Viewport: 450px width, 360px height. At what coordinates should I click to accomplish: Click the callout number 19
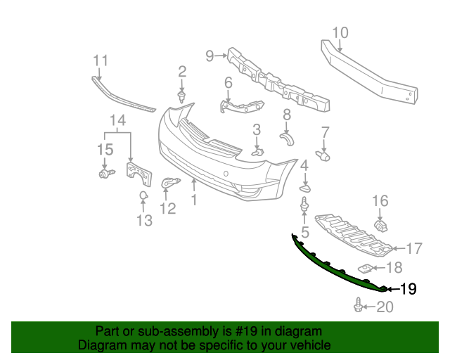(x=408, y=289)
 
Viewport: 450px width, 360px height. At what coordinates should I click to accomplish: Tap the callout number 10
(x=340, y=33)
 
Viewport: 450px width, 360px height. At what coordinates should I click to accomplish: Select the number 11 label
(x=101, y=60)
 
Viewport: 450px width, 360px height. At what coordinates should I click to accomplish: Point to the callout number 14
(x=117, y=120)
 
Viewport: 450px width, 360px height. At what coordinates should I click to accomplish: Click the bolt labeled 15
(x=106, y=174)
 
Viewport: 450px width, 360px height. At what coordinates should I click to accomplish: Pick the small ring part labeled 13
(x=143, y=195)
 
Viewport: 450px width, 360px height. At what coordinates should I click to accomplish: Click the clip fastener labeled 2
(x=181, y=97)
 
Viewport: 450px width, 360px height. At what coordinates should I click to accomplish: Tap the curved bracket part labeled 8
(x=287, y=139)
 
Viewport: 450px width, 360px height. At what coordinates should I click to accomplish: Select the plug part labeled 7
(x=323, y=156)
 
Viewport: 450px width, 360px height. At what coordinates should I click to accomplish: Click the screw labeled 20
(x=358, y=305)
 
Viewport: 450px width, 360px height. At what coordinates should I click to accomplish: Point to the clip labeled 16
(x=381, y=226)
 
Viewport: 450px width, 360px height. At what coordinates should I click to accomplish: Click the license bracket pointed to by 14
(x=139, y=174)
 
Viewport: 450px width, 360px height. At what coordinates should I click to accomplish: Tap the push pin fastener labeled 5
(x=304, y=205)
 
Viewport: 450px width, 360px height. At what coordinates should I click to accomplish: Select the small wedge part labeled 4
(x=305, y=188)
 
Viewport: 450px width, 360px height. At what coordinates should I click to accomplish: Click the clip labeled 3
(x=258, y=153)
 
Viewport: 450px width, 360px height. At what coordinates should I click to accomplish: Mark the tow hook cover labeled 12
(x=169, y=182)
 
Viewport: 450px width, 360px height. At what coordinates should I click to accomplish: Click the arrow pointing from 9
(x=221, y=56)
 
